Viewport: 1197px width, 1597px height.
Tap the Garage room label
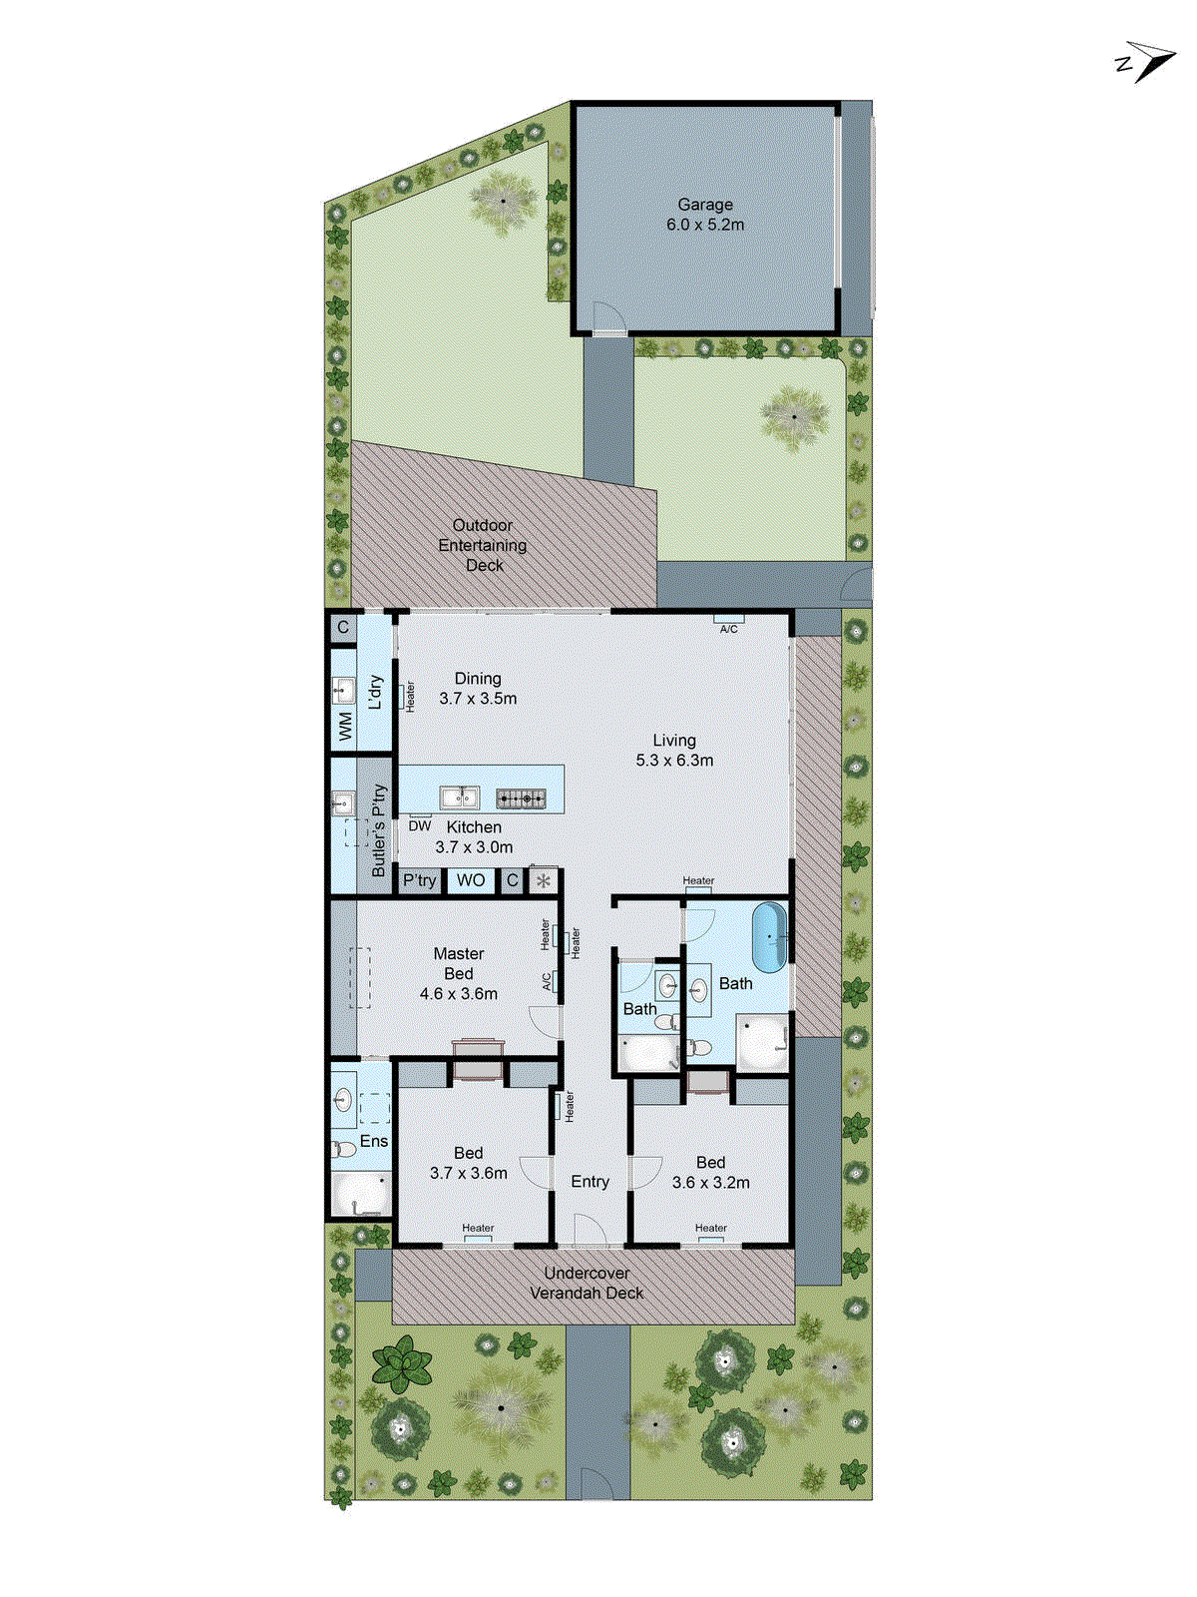[x=705, y=205]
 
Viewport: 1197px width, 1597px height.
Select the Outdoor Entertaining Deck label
[x=483, y=545]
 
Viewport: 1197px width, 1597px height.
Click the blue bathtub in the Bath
[x=770, y=938]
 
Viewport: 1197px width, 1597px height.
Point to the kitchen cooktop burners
[x=521, y=798]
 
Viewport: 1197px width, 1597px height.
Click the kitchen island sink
[x=459, y=797]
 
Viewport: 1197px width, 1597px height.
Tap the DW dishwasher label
[x=420, y=826]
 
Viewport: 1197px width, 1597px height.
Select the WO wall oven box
[x=471, y=880]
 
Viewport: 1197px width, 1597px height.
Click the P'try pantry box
[x=420, y=880]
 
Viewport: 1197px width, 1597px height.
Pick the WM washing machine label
[x=345, y=726]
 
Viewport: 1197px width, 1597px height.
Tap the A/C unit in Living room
[x=729, y=626]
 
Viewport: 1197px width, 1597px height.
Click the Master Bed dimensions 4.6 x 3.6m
[x=459, y=994]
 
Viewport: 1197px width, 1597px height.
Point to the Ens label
[x=374, y=1141]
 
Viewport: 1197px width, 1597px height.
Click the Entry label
[x=590, y=1182]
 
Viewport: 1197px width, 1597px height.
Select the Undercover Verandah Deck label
[x=587, y=1283]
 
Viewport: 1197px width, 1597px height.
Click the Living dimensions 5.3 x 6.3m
[x=674, y=761]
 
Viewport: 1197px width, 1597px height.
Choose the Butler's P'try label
[x=379, y=831]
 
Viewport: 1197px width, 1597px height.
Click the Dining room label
[x=478, y=679]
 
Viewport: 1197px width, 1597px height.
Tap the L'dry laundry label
[x=375, y=692]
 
